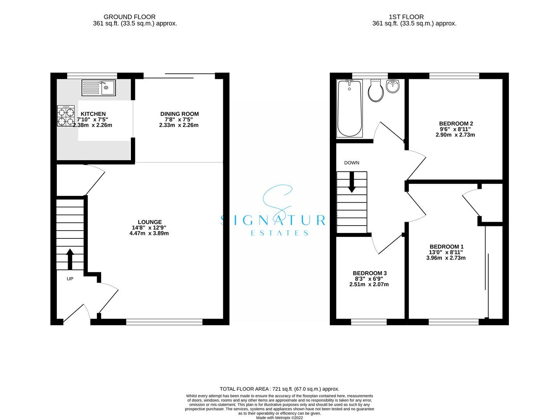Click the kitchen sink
(98, 87)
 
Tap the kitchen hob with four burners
(66, 116)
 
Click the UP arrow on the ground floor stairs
(70, 259)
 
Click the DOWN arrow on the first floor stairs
(352, 182)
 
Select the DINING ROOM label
(179, 114)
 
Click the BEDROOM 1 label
(446, 247)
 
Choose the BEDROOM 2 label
(456, 124)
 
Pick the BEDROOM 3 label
(370, 273)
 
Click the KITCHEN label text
(93, 114)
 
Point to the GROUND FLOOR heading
(130, 17)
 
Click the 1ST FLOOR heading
(406, 17)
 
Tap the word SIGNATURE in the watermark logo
(279, 220)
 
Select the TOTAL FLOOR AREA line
(279, 388)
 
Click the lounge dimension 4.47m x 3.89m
(149, 233)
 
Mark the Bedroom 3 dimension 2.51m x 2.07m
(369, 284)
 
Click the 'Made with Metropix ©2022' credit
(279, 418)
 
